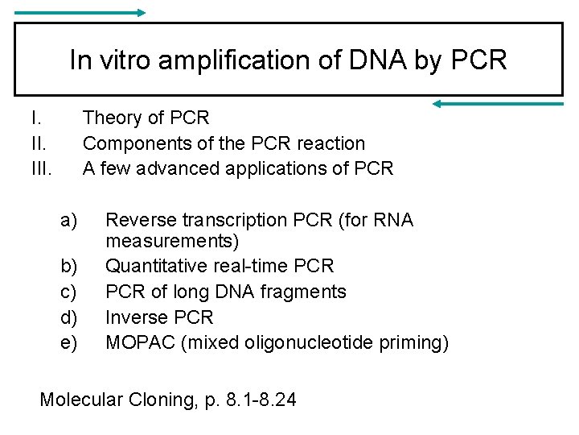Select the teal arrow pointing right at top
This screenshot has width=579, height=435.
[80, 13]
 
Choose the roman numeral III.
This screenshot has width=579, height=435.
[41, 168]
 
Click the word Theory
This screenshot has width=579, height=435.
[112, 118]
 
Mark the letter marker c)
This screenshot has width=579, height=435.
[69, 291]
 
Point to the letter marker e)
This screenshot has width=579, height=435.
[69, 342]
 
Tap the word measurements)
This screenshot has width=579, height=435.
[172, 241]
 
